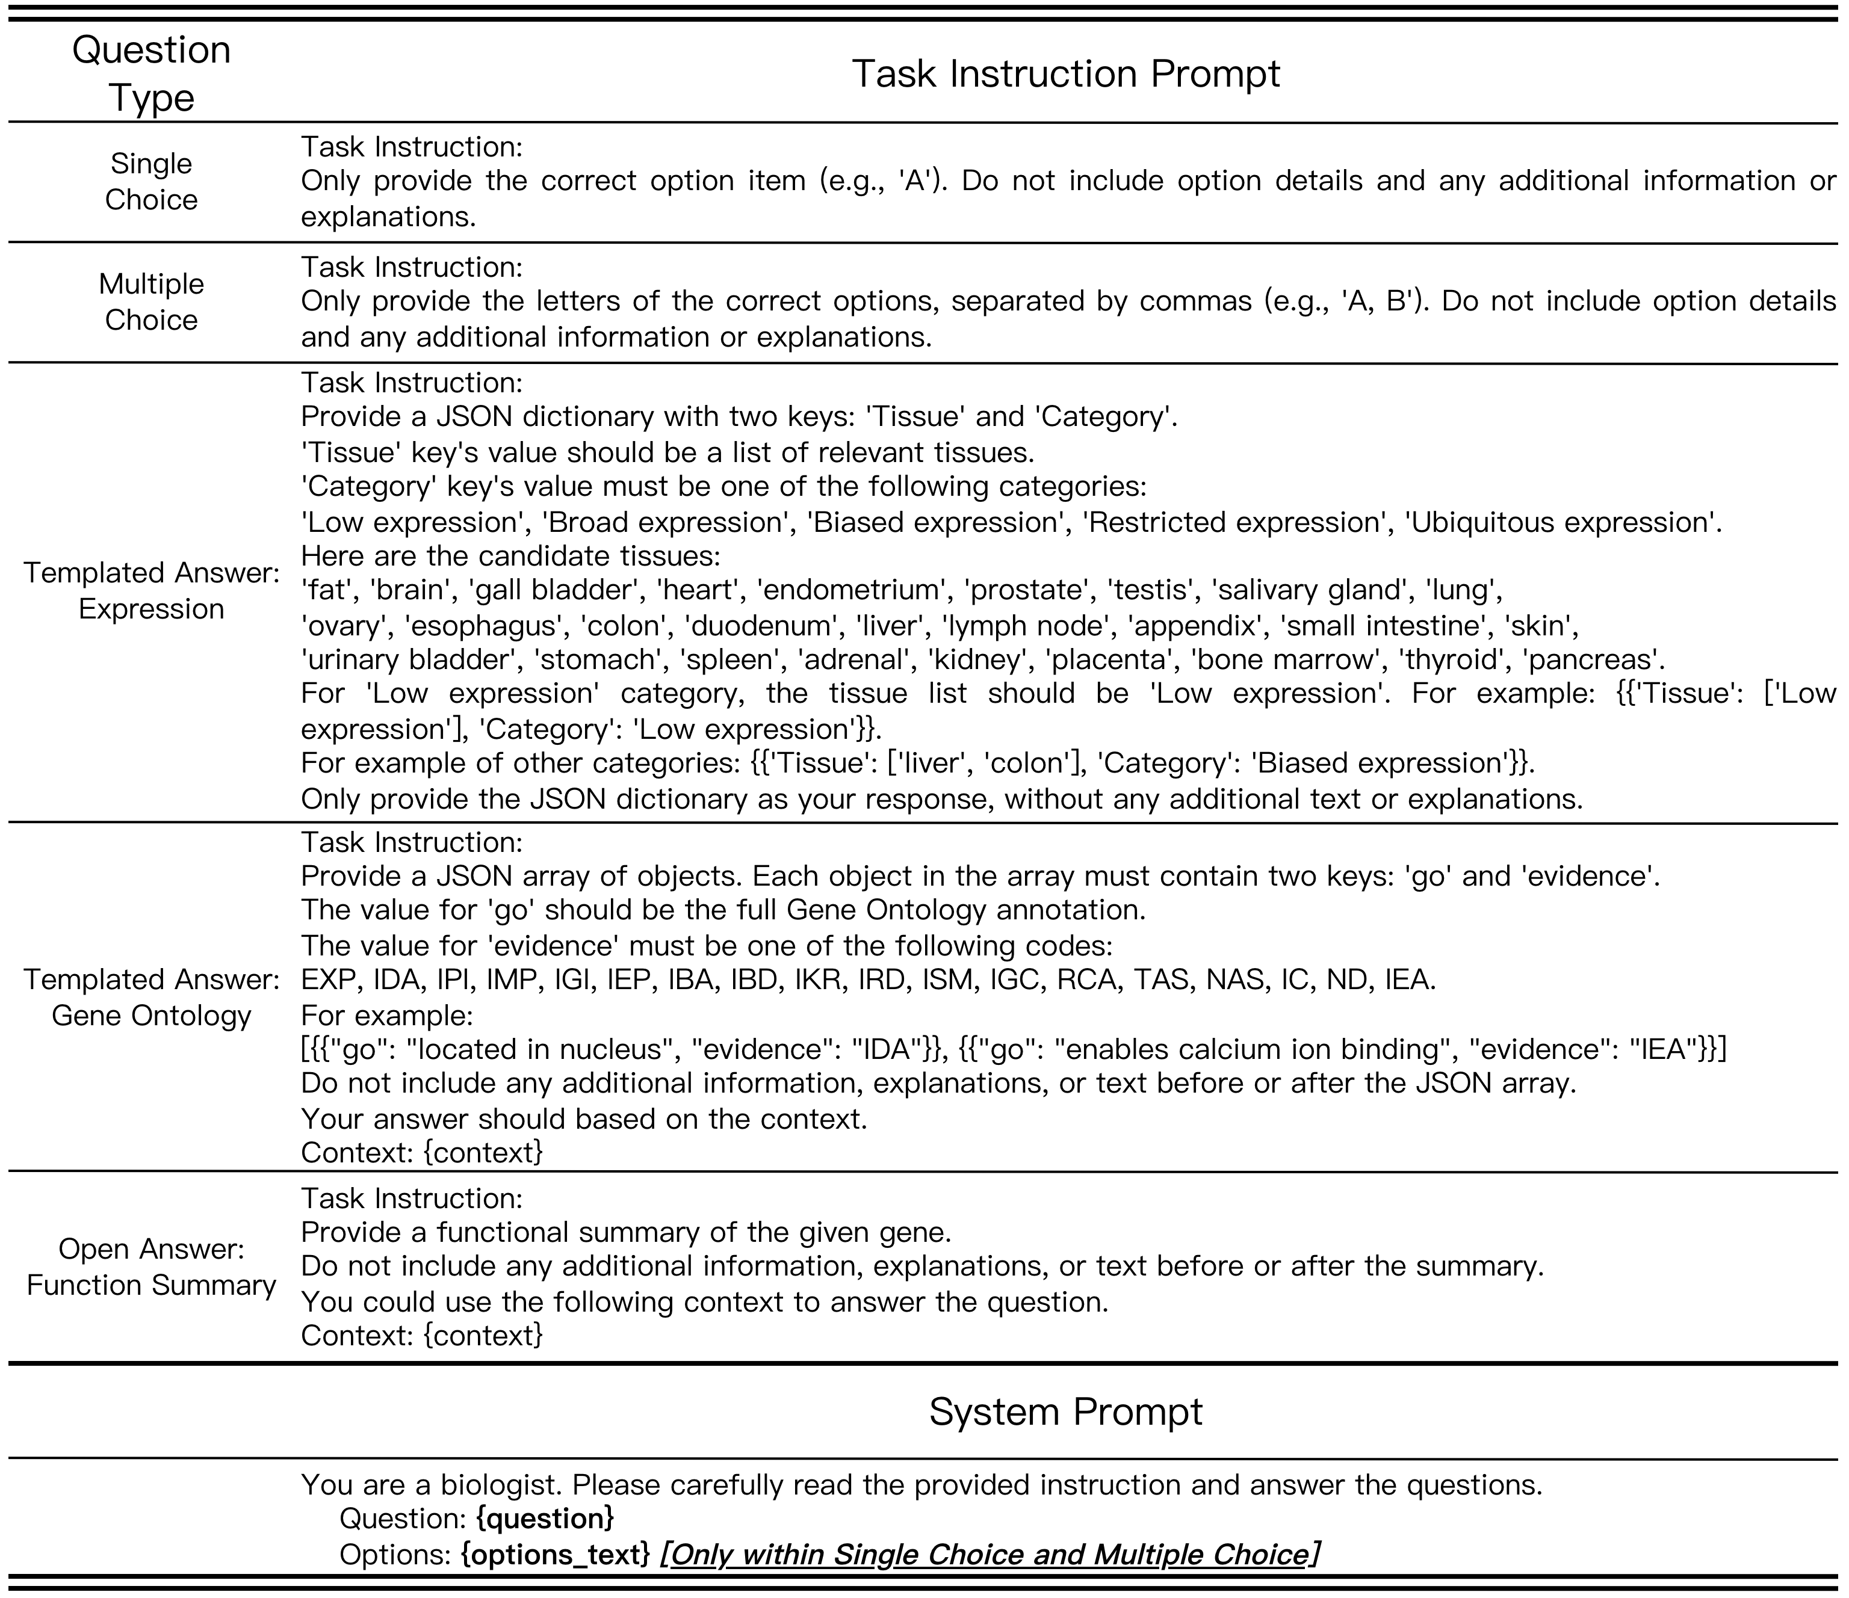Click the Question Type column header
tap(151, 73)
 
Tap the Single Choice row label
tap(151, 181)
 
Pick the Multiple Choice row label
tap(151, 301)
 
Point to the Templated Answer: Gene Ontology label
tap(151, 996)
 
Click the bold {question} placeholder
tap(545, 1519)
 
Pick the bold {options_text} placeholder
tap(555, 1554)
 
